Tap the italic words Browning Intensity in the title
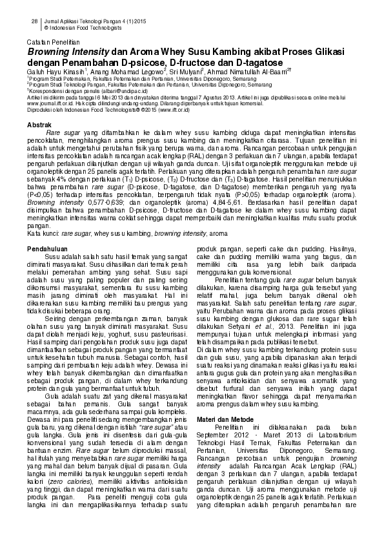(66, 48)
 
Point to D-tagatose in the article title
(256, 59)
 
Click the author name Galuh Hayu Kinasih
(54, 68)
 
